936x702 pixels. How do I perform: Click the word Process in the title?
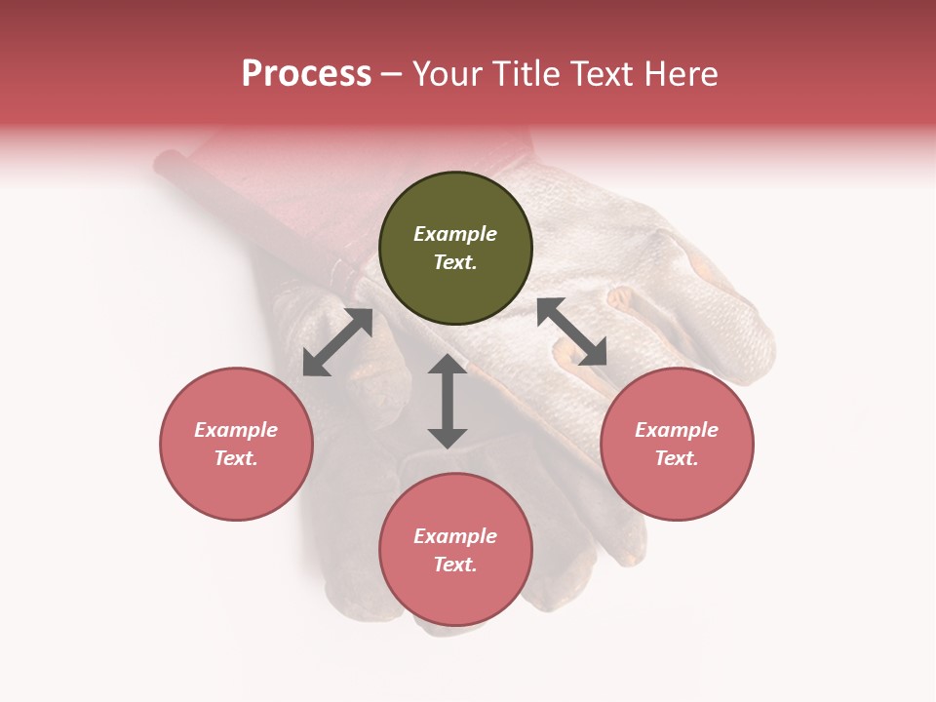click(306, 74)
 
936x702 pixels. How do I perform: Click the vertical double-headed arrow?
click(448, 401)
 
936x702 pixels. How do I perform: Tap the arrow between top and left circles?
click(337, 342)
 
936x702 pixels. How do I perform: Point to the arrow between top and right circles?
click(571, 331)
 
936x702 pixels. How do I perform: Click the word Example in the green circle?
click(455, 234)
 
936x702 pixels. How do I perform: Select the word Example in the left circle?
click(236, 430)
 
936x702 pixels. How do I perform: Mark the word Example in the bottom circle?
click(455, 536)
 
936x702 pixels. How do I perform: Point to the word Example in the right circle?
click(677, 430)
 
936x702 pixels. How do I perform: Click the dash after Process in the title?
click(392, 75)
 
